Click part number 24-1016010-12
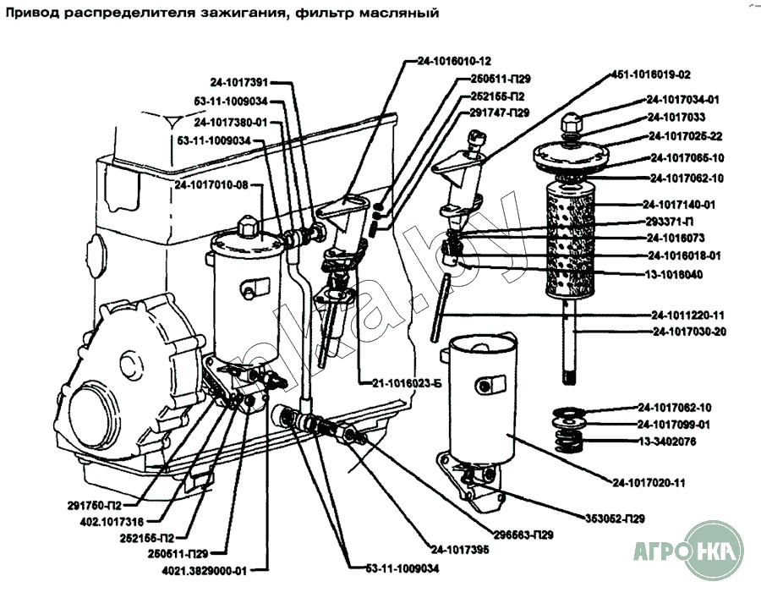click(454, 61)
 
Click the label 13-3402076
click(667, 442)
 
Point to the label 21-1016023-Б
click(406, 382)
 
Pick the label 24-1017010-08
click(211, 184)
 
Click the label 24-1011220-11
click(687, 314)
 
